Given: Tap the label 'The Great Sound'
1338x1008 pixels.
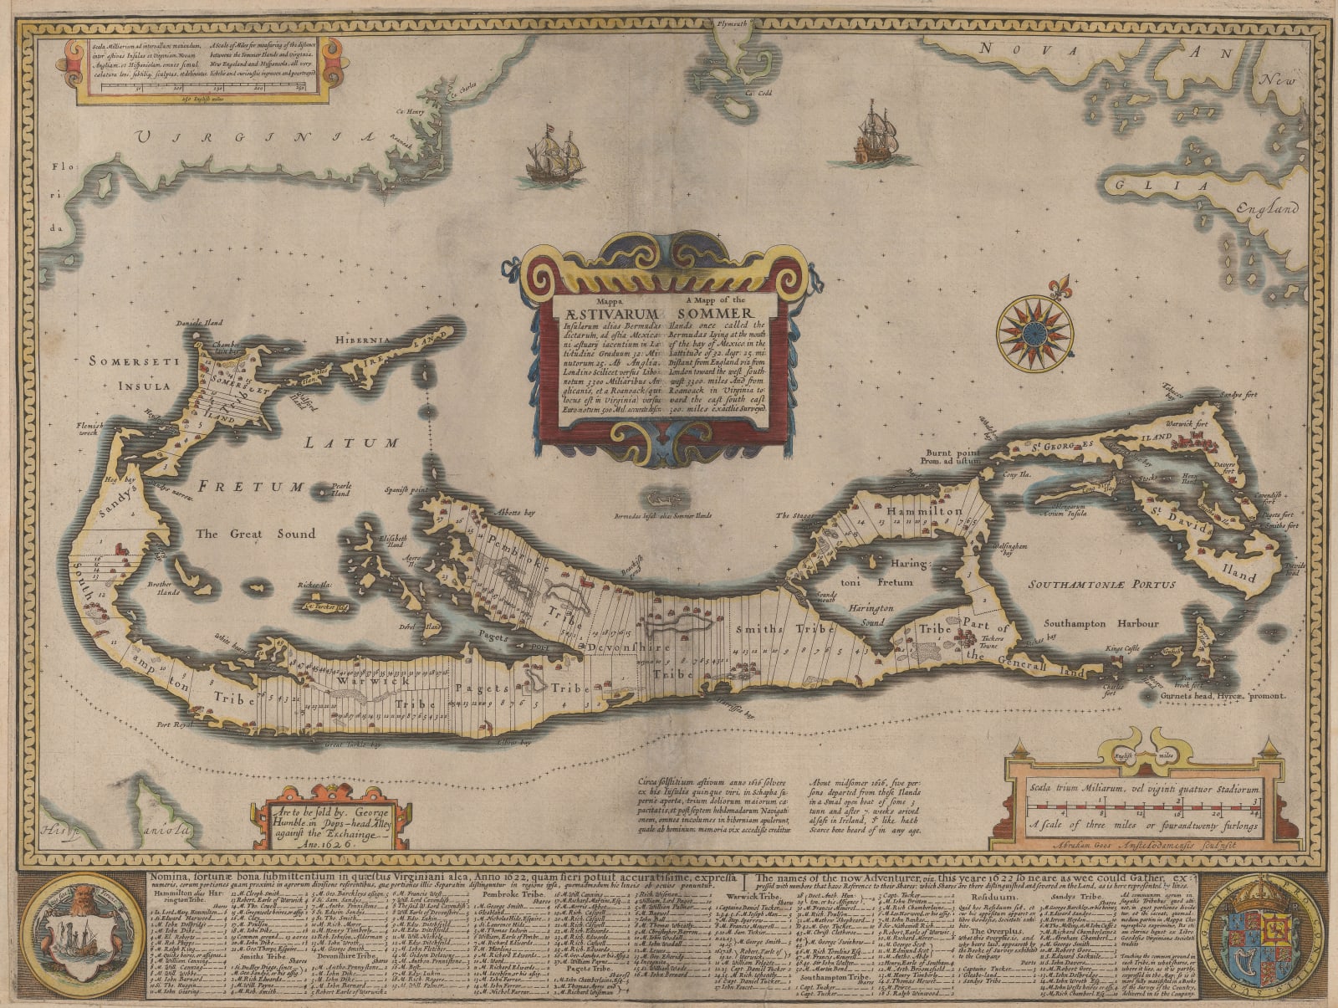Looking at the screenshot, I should point(255,534).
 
